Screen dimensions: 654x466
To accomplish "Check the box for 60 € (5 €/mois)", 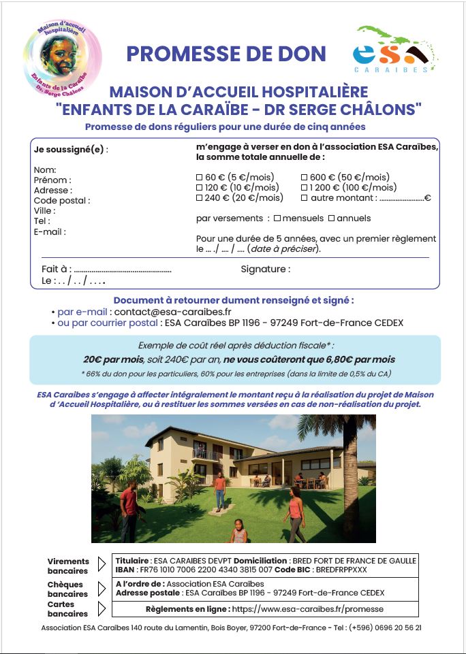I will coord(199,177).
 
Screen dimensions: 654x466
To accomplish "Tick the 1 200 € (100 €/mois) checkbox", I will coord(304,187).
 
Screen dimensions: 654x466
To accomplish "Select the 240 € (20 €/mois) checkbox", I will coord(199,198).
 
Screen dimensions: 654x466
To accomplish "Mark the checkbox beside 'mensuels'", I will coord(277,218).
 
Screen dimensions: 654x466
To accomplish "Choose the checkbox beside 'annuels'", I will coord(332,218).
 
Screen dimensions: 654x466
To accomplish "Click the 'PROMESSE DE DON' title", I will coord(226,53).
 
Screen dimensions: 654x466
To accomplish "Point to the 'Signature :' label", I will coord(265,269).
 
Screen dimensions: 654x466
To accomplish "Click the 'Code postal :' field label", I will coord(61,201).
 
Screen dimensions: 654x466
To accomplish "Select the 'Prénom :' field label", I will coord(52,180).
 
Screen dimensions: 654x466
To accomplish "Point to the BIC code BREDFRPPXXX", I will coord(340,569).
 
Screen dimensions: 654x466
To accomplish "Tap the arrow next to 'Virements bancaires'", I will coord(102,564).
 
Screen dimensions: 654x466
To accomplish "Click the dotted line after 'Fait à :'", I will coord(123,270).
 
